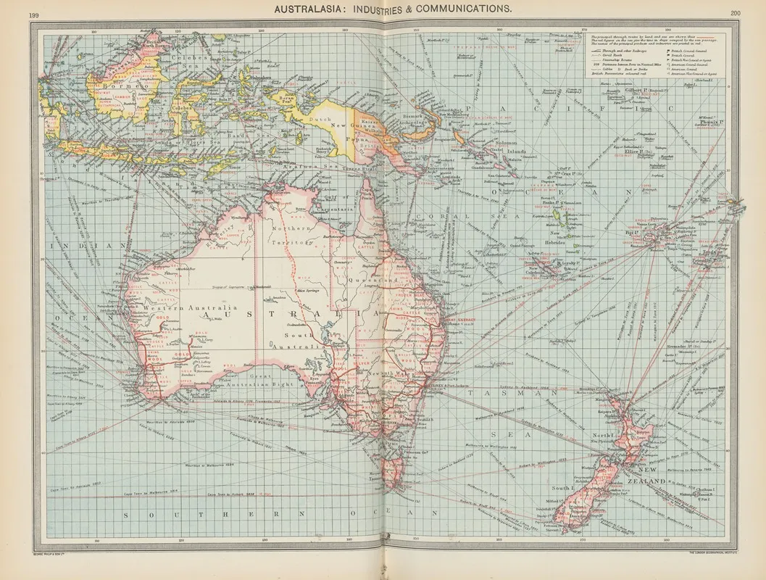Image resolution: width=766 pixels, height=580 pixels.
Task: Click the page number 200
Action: (x=736, y=13)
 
